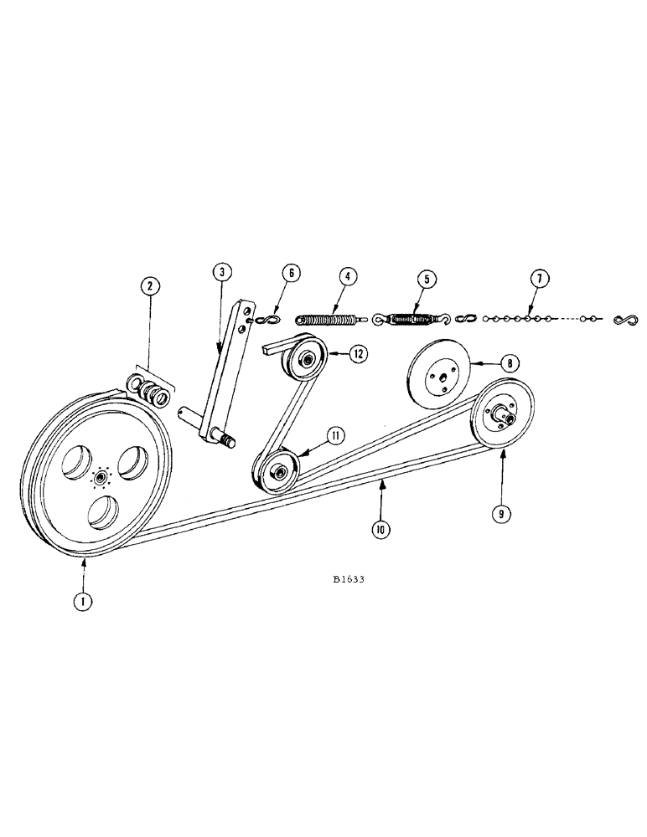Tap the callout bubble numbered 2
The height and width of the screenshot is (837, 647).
[149, 287]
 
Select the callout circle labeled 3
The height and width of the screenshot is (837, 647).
[220, 272]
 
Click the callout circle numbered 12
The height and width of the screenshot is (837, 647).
[358, 354]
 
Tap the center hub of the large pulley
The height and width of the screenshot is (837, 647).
[101, 477]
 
